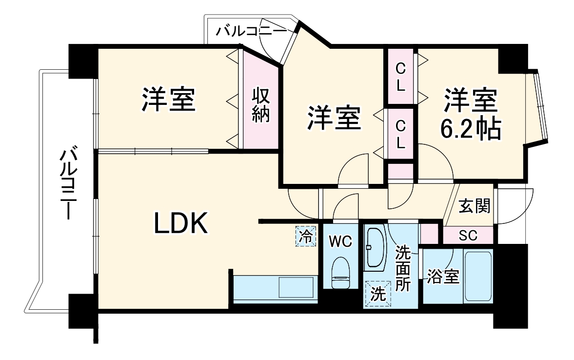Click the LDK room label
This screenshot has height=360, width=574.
click(181, 224)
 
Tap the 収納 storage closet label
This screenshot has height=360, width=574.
click(261, 105)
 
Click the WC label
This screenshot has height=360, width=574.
click(340, 241)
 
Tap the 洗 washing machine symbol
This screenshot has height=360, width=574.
click(377, 293)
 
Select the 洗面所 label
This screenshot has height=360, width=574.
click(403, 268)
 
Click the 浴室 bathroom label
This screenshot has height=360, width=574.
click(443, 277)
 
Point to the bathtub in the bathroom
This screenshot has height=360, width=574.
click(477, 276)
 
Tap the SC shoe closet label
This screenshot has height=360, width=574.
click(468, 236)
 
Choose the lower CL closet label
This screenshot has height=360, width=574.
click(400, 134)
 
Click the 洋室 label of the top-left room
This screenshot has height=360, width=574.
click(169, 100)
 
